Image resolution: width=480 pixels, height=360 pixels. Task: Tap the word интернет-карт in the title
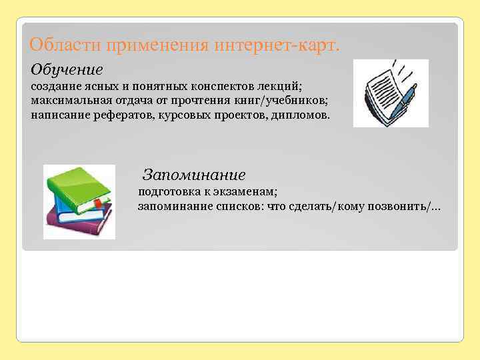click(277, 46)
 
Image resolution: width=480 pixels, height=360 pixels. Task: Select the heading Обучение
click(67, 69)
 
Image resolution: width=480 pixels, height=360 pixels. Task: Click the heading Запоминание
click(194, 175)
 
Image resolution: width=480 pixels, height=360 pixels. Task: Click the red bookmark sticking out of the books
click(99, 203)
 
